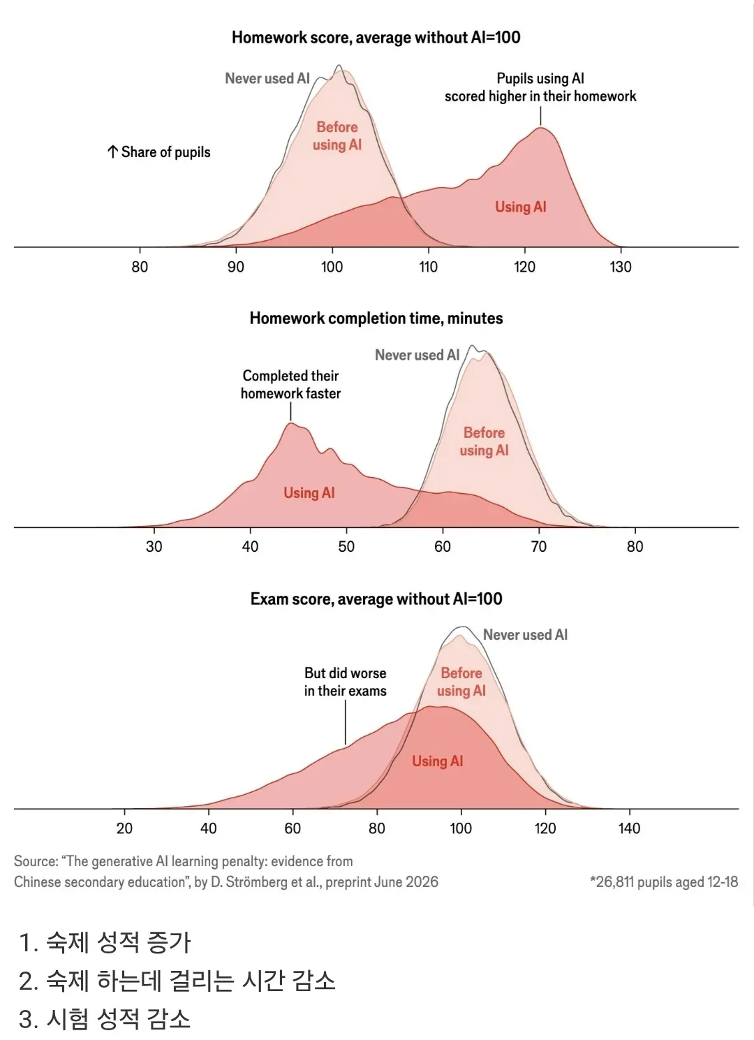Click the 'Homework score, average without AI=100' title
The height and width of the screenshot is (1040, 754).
(376, 37)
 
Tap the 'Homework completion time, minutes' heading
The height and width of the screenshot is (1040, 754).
(376, 318)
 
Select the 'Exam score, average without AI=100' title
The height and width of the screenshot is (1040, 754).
(376, 599)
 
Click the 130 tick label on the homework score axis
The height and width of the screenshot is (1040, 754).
(621, 267)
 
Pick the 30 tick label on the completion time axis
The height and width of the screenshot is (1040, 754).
(154, 546)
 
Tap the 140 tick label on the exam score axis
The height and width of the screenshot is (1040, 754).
(629, 828)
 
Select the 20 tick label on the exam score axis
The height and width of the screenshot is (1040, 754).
(124, 828)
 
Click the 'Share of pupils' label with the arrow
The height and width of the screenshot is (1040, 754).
(158, 152)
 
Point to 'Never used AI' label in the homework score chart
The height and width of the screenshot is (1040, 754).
(267, 78)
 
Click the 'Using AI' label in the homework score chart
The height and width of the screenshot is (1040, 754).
(521, 207)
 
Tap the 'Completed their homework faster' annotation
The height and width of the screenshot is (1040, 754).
(290, 384)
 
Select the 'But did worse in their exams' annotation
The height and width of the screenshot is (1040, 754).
(345, 682)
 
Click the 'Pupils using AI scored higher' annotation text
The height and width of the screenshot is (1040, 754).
(540, 87)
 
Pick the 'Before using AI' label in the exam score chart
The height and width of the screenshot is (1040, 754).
(461, 682)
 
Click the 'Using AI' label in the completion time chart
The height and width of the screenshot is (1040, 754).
(309, 492)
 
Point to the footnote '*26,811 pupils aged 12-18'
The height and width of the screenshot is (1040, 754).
(664, 881)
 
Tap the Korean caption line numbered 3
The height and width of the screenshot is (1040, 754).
(105, 1019)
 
